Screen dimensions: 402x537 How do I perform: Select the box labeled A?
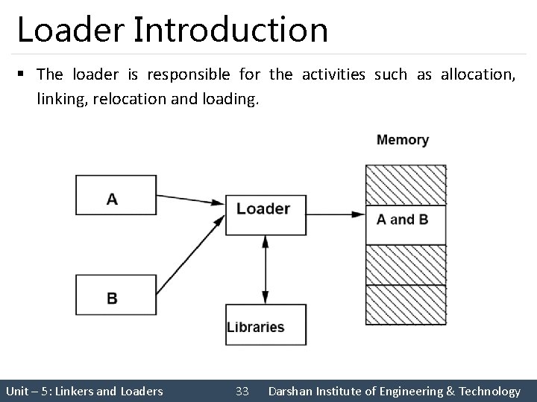point(116,195)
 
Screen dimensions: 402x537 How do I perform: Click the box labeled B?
point(116,295)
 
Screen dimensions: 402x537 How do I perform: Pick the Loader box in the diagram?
point(265,215)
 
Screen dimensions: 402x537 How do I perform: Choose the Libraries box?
point(255,325)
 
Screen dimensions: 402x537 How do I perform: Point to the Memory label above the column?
point(403,140)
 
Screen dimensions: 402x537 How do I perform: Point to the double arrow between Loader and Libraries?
point(266,269)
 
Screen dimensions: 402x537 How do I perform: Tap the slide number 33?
point(242,391)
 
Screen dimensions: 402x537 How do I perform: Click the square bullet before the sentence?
point(22,74)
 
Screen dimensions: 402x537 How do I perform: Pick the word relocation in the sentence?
point(125,99)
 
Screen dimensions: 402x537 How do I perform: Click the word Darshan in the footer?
point(294,391)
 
